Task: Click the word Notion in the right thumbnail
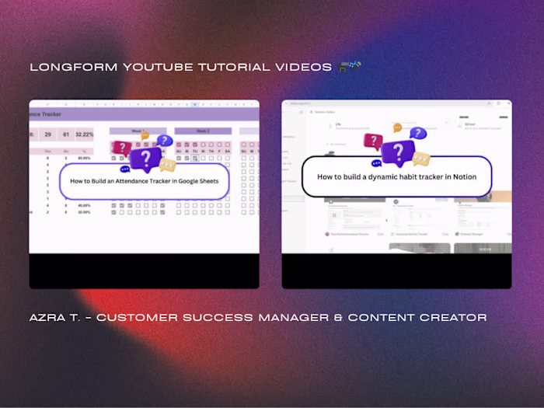tap(461, 176)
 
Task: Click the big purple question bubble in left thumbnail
tap(145, 159)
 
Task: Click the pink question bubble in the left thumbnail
tap(122, 148)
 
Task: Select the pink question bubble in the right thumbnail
tap(373, 141)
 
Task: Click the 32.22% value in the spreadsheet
tap(85, 134)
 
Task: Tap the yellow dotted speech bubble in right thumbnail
tap(421, 159)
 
